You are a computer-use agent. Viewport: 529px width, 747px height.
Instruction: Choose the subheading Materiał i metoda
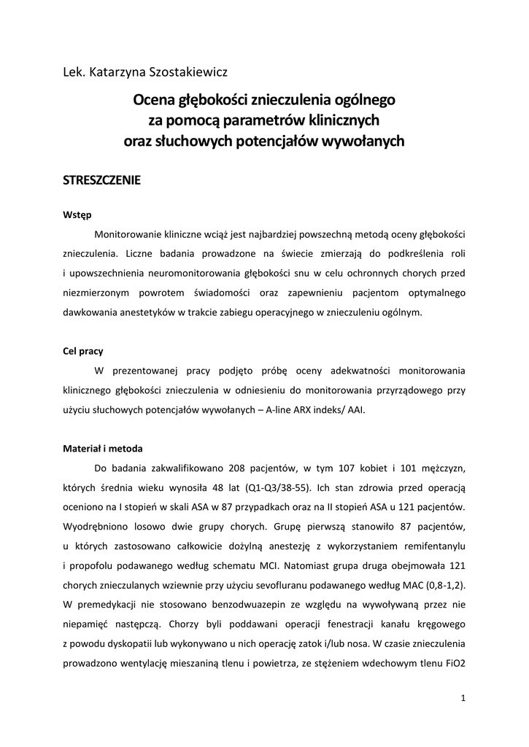[x=102, y=448]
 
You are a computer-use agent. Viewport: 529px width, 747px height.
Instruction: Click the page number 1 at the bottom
[x=463, y=698]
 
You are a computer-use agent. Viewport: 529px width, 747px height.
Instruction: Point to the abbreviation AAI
[x=352, y=409]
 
